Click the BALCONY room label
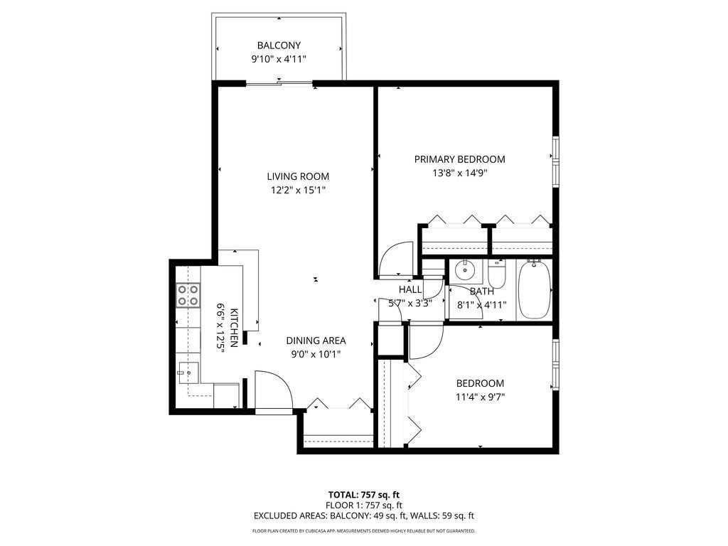279,45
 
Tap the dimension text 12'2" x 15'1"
298,190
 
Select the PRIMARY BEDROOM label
459,159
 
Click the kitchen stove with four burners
188,295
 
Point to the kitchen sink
188,371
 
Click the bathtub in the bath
533,290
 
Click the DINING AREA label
316,341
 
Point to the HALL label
409,289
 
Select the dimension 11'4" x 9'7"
480,397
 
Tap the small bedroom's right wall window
555,363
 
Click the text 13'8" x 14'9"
460,173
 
